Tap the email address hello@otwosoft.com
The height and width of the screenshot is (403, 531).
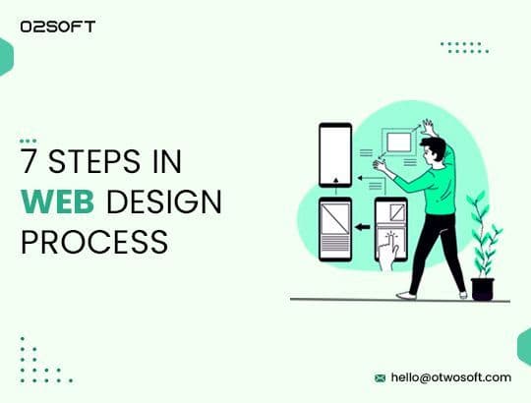pos(450,377)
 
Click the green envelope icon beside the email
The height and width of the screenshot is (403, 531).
pos(379,377)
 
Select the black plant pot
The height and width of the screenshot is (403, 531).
pos(482,289)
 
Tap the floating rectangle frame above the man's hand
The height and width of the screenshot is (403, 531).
pos(398,143)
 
